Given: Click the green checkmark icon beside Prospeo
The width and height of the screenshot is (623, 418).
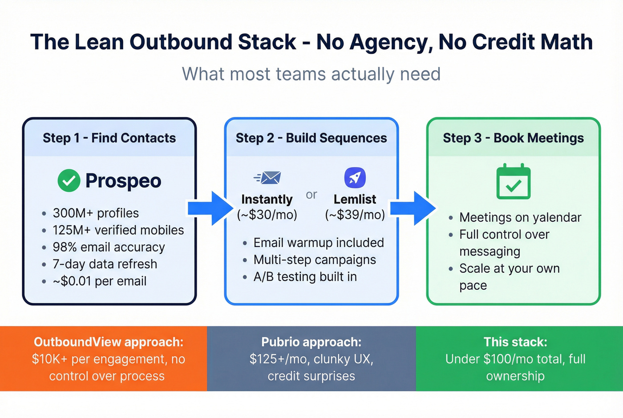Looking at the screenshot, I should tap(69, 181).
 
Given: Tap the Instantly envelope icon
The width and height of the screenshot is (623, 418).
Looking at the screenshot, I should tap(267, 178).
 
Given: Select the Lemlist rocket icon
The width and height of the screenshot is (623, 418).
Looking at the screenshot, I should tap(355, 178).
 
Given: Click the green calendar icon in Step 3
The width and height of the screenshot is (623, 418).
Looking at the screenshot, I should tap(513, 182).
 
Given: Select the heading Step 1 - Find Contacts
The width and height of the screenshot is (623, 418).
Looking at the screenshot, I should tap(109, 138).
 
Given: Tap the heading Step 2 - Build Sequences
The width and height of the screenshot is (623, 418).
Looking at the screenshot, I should tap(311, 138).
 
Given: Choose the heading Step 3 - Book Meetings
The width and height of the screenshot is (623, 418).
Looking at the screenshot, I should tap(513, 138).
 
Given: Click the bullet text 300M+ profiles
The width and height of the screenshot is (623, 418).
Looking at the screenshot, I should tap(96, 213).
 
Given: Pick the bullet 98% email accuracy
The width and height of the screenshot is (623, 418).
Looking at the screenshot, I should tap(109, 247).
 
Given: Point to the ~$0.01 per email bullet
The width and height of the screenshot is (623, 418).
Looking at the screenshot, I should tap(99, 281).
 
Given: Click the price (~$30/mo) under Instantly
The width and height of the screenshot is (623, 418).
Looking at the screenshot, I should tap(267, 215).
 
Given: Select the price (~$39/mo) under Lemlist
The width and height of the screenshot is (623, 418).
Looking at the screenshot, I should tap(355, 215).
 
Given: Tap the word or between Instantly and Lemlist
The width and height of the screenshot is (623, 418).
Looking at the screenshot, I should tap(311, 195).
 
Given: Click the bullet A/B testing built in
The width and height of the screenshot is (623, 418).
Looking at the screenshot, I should tap(305, 277).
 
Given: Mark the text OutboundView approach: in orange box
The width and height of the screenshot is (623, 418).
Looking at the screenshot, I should tap(109, 342).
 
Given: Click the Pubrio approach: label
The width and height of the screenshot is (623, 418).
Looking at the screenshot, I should tap(311, 342).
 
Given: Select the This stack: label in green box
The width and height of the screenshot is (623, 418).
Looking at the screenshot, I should tap(515, 342).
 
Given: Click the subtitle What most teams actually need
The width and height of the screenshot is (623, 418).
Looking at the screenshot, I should tap(311, 74).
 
